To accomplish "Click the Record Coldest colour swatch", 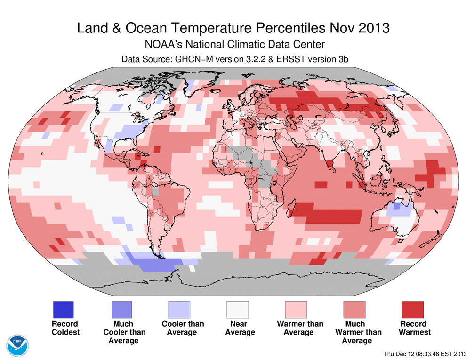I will [62, 310].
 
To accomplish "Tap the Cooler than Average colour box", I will [179, 310].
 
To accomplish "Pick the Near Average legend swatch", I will [237, 310].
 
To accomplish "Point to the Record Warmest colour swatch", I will [412, 310].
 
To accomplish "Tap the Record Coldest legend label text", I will [65, 328].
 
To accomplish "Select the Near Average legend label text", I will [240, 328].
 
